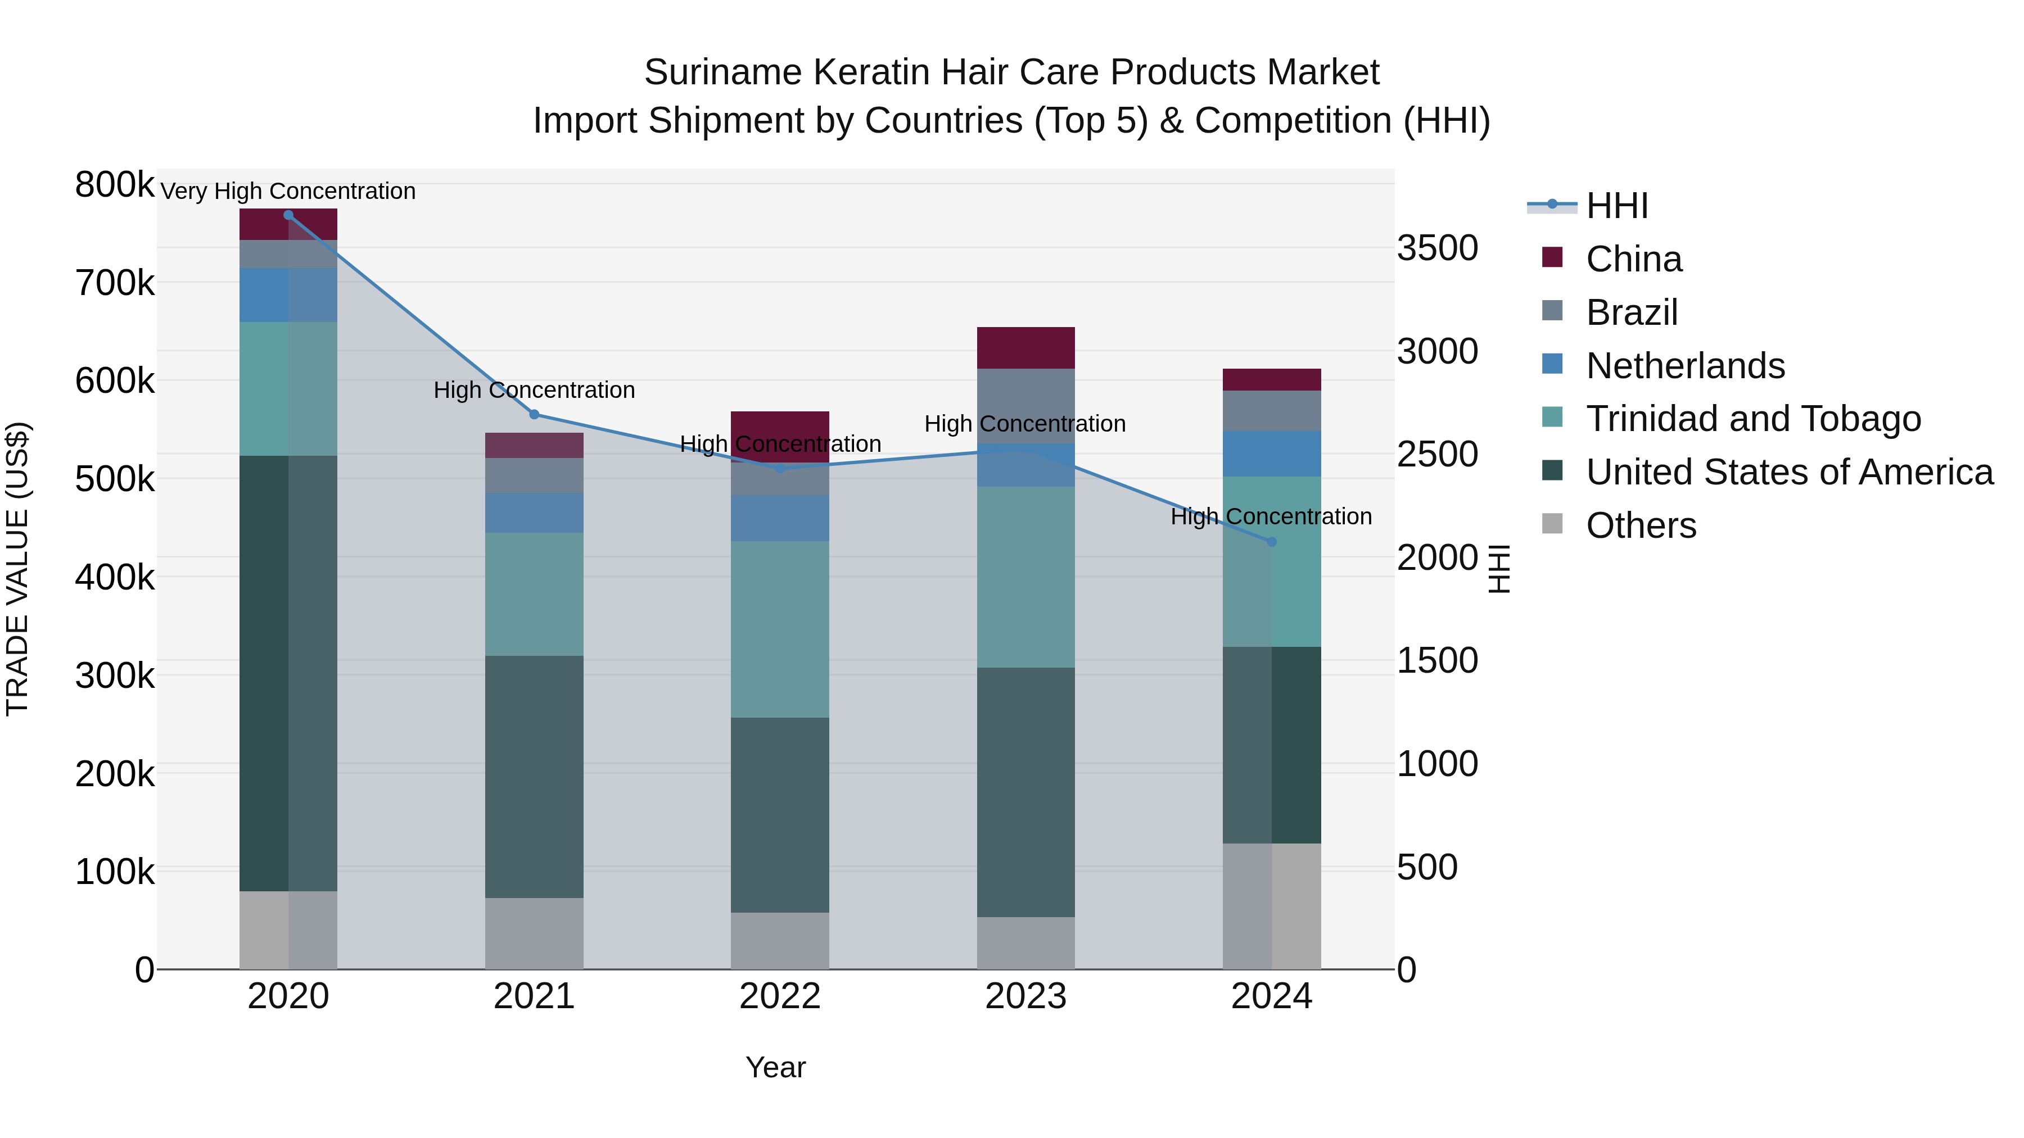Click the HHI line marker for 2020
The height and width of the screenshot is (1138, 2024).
(288, 215)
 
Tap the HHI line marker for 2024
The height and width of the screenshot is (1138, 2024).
(1272, 542)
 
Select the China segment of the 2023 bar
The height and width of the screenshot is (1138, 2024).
(1025, 348)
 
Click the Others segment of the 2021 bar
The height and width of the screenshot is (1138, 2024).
(534, 933)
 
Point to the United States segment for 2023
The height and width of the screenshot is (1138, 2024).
(1025, 792)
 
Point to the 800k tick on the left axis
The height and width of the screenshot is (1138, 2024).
(115, 185)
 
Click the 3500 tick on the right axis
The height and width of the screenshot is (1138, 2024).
(1437, 248)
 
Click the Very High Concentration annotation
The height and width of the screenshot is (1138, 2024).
(288, 191)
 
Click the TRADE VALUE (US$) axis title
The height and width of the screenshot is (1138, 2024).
(17, 569)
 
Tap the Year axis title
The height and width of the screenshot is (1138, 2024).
(775, 1067)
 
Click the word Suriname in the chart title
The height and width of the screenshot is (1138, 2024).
(723, 72)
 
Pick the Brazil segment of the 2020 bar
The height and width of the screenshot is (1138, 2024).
(288, 253)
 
